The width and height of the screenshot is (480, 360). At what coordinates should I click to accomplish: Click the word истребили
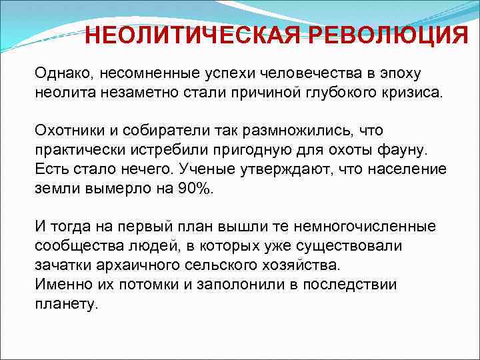click(173, 149)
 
